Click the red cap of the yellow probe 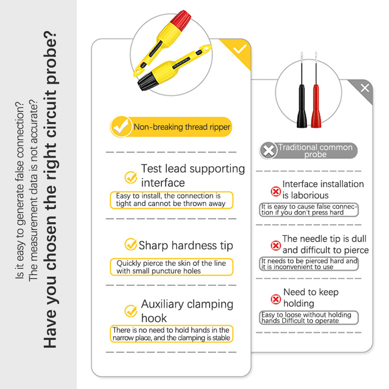click(181, 19)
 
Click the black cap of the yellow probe click(147, 80)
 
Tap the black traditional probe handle click(301, 106)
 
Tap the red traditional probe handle click(316, 106)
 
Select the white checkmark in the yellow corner click(240, 49)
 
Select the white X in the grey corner click(365, 88)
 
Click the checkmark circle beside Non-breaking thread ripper click(121, 127)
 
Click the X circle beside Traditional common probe click(268, 151)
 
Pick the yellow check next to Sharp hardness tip click(130, 245)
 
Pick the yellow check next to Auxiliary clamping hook click(131, 311)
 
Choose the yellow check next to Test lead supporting click(131, 177)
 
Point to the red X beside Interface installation click(276, 191)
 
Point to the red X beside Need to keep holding click(276, 299)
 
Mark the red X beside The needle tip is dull click(276, 246)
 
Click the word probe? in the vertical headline click(51, 57)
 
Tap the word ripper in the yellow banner click(220, 127)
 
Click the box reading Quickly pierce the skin click(172, 267)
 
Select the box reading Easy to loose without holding click(309, 318)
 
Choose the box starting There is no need click(172, 334)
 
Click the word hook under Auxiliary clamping click(154, 318)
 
